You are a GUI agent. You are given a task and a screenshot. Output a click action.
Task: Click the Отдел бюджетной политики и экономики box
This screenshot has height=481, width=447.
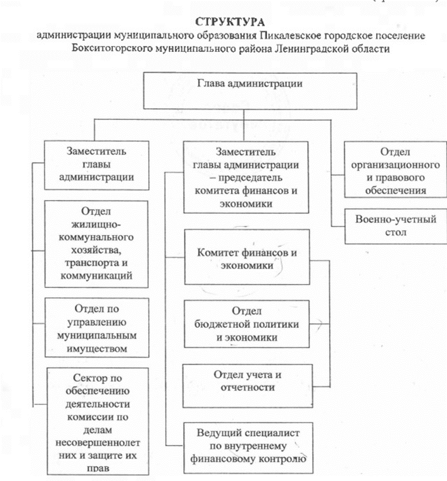coord(247,324)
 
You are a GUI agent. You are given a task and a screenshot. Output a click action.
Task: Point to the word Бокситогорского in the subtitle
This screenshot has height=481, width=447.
coord(107,48)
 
